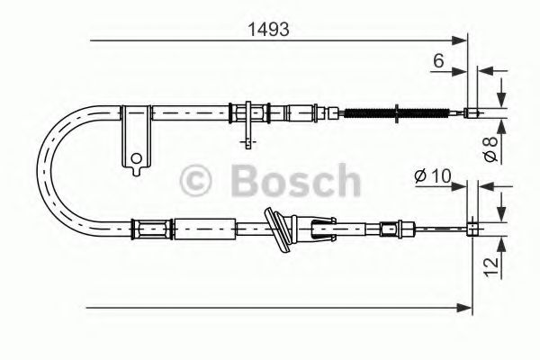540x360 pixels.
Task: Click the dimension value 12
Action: tap(490, 265)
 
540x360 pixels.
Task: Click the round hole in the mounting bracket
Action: tap(136, 161)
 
